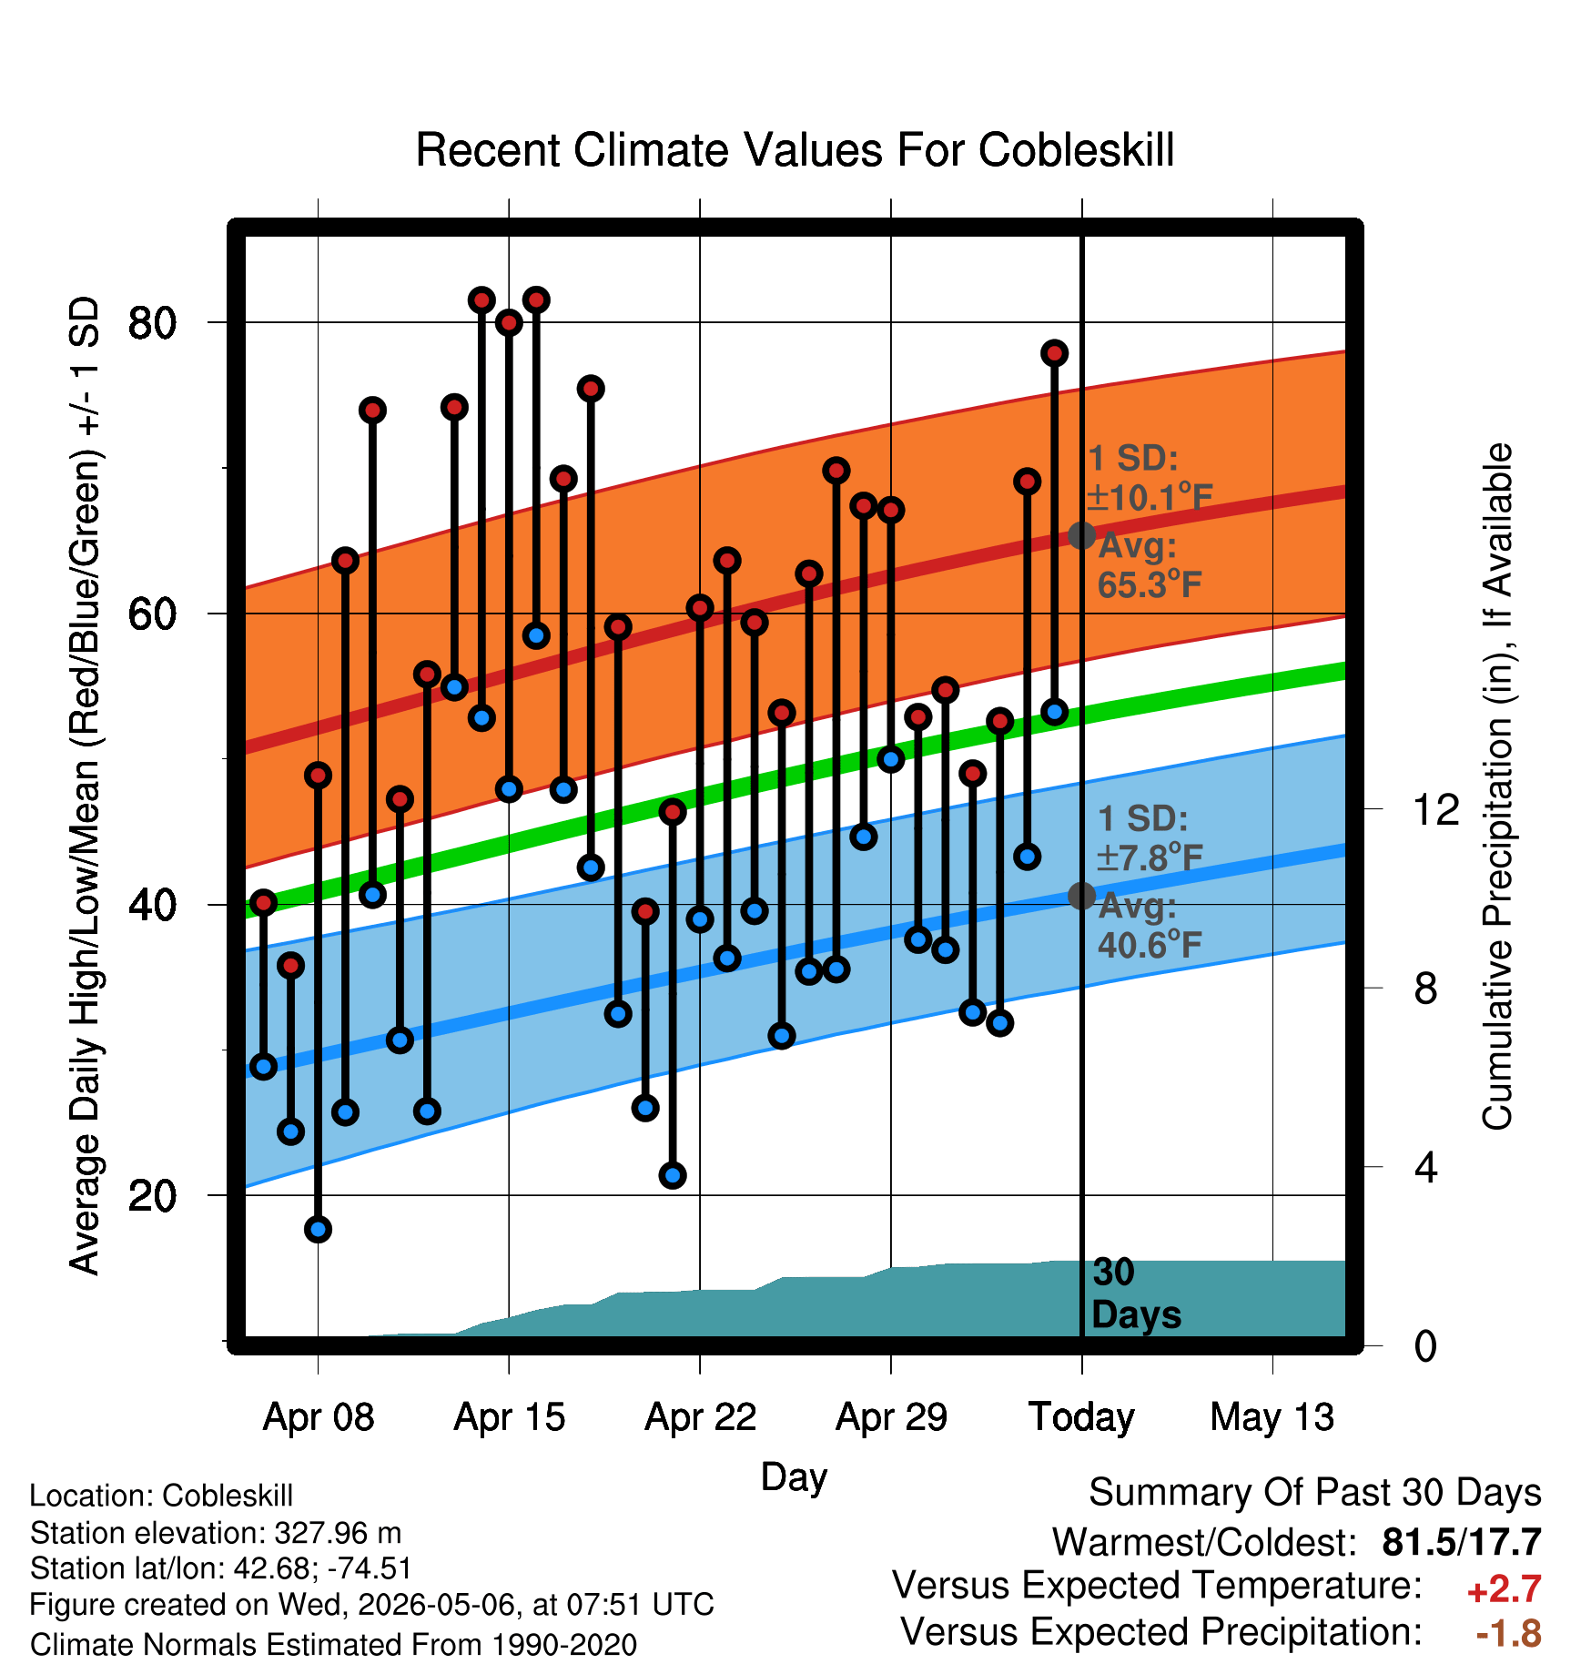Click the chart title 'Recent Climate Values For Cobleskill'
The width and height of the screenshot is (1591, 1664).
point(795,150)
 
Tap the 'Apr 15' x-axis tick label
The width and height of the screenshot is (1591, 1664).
point(510,1417)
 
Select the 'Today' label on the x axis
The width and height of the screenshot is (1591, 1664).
point(1081,1417)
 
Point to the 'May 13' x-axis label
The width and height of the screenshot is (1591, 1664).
point(1272,1417)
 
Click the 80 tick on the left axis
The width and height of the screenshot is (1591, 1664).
point(152,322)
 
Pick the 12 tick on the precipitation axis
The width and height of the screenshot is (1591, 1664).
point(1436,809)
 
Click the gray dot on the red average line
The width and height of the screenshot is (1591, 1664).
point(1081,535)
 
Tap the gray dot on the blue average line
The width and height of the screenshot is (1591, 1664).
point(1081,896)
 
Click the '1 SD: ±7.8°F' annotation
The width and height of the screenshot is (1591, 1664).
point(1150,837)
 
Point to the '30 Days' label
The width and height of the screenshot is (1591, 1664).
point(1136,1294)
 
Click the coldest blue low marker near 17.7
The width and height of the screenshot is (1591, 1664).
point(318,1229)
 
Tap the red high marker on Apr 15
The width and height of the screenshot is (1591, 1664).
point(509,322)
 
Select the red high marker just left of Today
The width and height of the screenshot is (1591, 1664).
point(1055,353)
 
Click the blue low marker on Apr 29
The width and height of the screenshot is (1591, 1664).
point(891,758)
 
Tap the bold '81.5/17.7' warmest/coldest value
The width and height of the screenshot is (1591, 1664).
point(1462,1542)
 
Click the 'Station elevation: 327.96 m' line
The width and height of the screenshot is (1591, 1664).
point(216,1533)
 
